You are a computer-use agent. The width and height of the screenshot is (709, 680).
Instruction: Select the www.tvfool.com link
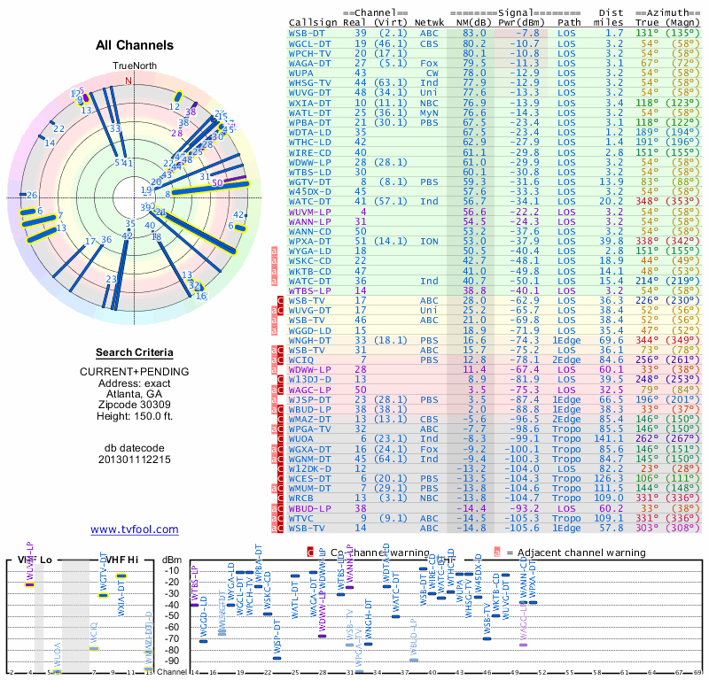point(134,529)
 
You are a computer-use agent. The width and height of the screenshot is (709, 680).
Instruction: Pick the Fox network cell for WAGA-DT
point(428,63)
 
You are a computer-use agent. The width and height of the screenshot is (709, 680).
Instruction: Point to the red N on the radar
point(129,80)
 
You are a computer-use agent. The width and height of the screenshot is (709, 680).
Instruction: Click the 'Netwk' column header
point(430,21)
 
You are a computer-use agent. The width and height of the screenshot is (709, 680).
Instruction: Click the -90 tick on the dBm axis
point(172,661)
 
